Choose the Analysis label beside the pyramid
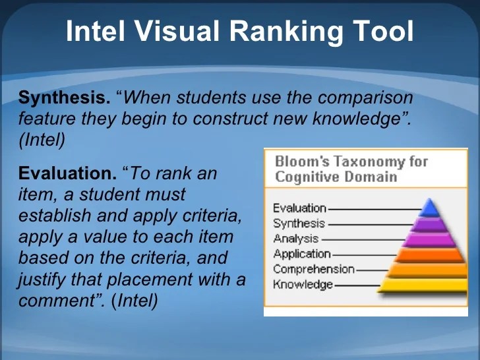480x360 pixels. tap(295, 239)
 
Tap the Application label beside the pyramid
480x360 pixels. tap(301, 254)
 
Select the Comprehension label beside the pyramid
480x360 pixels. tap(313, 269)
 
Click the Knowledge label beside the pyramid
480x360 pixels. tap(303, 284)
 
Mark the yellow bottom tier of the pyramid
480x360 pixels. tap(429, 285)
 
